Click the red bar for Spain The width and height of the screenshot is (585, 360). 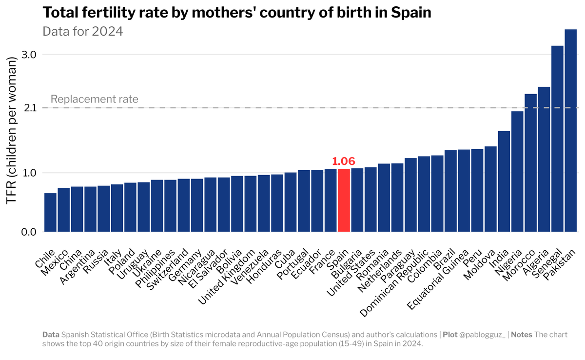pos(344,200)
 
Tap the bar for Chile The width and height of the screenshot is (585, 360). pos(50,213)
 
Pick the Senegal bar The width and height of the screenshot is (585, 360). pos(557,139)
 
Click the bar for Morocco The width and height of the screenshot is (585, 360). pos(530,163)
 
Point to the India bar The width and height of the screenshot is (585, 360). pos(504,181)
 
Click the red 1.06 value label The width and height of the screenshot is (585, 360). pos(344,161)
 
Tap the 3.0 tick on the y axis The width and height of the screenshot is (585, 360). pos(30,55)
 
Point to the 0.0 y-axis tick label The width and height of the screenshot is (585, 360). pos(30,232)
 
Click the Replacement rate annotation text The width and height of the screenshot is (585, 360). pos(95,99)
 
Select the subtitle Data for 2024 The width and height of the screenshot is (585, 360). pos(82,31)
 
